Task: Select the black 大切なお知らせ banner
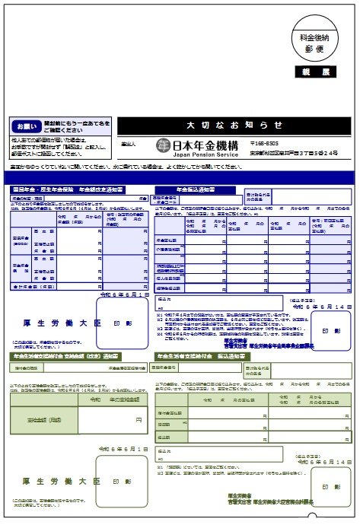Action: coord(234,125)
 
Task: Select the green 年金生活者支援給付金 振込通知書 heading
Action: coord(200,355)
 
